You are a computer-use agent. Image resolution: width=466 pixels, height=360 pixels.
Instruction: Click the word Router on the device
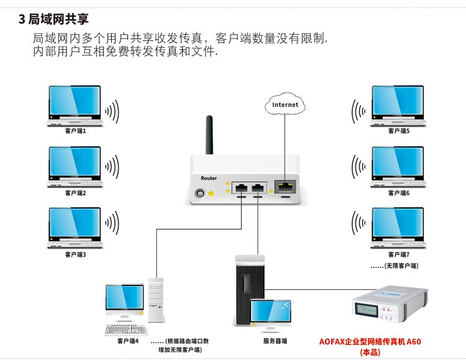[x=209, y=178]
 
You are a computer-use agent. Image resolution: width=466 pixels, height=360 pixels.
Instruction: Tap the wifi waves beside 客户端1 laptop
[x=112, y=113]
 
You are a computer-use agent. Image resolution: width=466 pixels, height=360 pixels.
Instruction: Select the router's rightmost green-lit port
[x=285, y=186]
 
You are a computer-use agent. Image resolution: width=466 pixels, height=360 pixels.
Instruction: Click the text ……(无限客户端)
[x=394, y=265]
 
